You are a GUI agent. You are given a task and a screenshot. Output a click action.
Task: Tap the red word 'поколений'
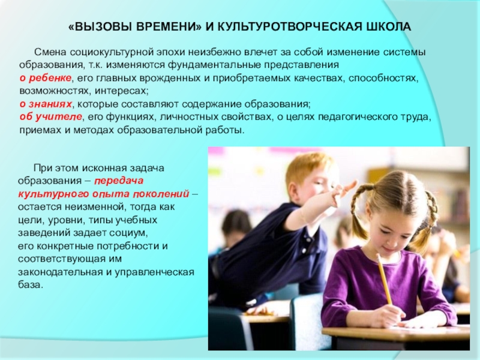click(x=164, y=194)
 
